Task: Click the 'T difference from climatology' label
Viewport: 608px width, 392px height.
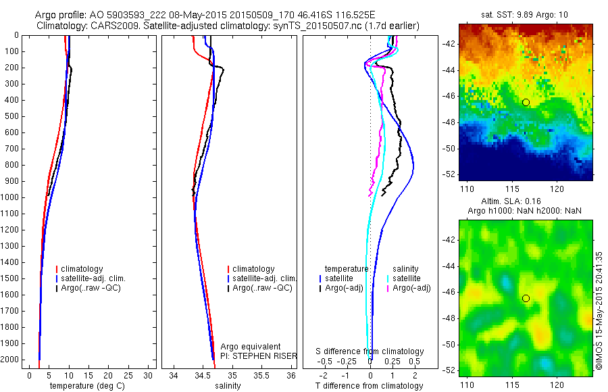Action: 369,386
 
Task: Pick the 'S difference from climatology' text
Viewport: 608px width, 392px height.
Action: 370,351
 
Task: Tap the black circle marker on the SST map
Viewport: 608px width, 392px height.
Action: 526,102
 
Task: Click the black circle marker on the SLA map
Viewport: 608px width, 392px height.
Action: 526,298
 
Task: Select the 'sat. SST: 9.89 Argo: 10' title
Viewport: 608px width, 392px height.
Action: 526,14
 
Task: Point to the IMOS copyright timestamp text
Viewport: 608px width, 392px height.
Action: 599,311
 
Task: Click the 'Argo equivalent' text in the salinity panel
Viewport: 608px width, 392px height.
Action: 250,347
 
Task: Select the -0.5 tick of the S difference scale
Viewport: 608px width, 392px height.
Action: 328,362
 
